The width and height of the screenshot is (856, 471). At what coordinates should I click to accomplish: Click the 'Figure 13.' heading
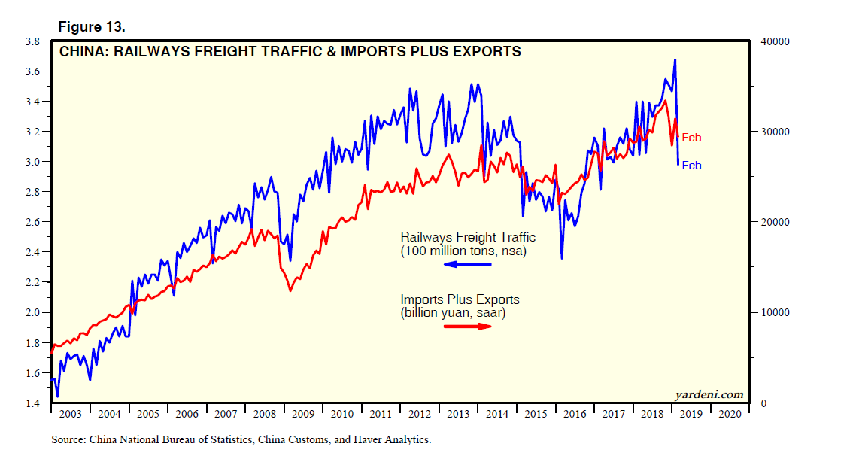(92, 27)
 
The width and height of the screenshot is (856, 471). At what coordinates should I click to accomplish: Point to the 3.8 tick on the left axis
(32, 41)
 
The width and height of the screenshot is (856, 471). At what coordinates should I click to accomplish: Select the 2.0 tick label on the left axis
(32, 312)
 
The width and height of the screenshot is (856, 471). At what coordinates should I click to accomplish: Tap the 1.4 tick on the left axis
(32, 403)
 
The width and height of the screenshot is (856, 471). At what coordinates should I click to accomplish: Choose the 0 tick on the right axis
(762, 403)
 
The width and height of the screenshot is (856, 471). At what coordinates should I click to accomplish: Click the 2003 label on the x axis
(70, 414)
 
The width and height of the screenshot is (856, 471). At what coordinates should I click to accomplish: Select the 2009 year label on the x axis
(303, 414)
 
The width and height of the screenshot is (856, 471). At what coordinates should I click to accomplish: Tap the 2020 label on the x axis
(730, 414)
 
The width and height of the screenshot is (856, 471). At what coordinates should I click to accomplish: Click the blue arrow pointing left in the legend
(467, 264)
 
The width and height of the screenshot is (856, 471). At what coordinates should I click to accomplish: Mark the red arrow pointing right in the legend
(467, 326)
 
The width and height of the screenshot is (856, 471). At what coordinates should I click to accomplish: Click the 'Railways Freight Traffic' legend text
(468, 237)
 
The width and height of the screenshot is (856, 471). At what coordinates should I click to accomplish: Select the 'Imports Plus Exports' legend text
(460, 299)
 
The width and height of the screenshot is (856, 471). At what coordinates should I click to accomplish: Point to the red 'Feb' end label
(691, 138)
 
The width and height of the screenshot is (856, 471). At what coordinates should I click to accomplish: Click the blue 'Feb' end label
(691, 166)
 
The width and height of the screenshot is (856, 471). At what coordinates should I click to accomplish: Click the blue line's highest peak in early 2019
(675, 59)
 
